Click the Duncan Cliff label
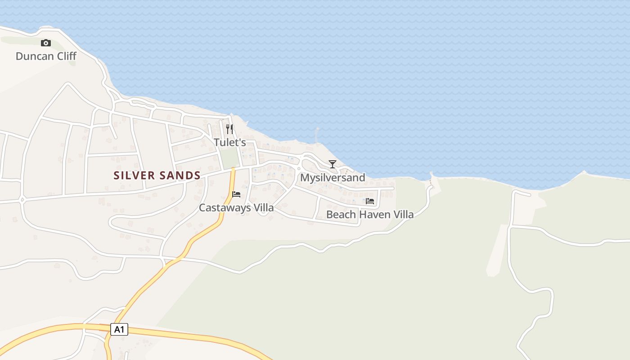tap(46, 56)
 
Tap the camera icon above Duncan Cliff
tap(45, 43)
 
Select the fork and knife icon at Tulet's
tap(229, 129)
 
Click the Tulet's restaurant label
tap(229, 143)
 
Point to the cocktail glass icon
tap(333, 164)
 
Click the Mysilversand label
tap(333, 178)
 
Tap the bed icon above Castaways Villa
tap(236, 194)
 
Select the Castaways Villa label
tap(236, 208)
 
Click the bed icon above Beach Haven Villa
tap(370, 201)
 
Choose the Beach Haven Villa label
tap(370, 215)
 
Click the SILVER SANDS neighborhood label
tap(157, 175)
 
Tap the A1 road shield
tap(119, 329)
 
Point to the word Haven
tap(372, 215)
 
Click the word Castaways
tap(225, 208)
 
